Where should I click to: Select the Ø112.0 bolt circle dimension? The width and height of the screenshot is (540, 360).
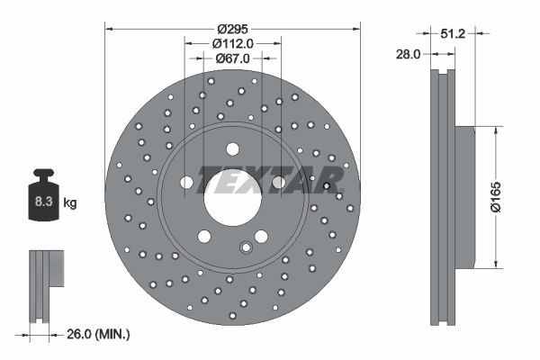[x=233, y=41]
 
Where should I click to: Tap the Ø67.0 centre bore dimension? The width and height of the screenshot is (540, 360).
[x=233, y=58]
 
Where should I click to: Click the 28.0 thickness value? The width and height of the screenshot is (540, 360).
[x=409, y=54]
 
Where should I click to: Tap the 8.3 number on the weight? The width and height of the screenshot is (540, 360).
[x=42, y=202]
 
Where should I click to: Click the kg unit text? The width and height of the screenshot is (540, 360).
[x=70, y=202]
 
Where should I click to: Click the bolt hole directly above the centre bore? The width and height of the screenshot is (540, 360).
[x=233, y=148]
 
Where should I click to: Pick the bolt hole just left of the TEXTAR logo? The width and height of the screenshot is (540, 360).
[x=187, y=183]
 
